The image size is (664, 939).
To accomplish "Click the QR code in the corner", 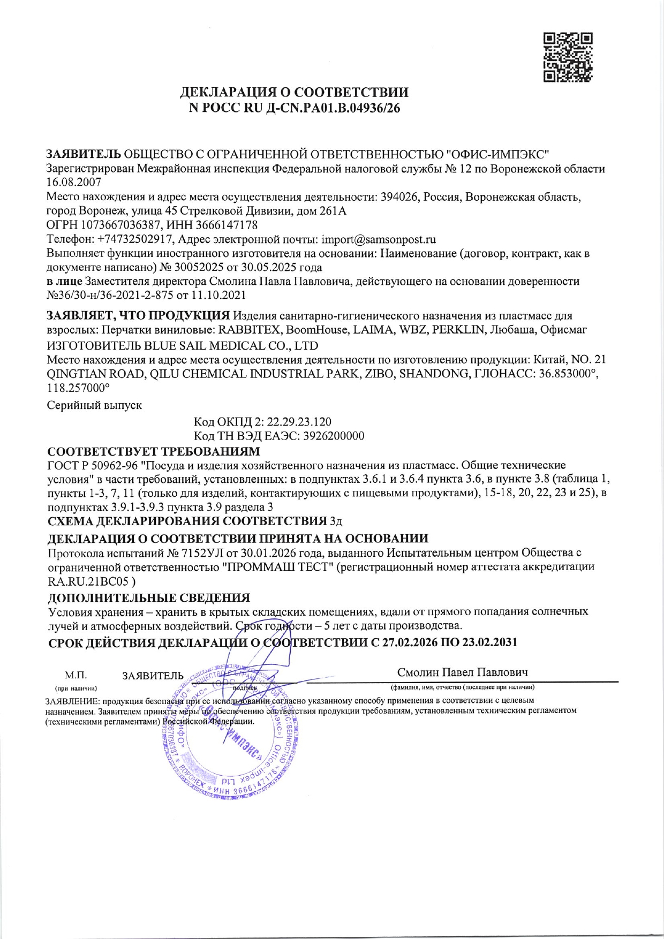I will point(568,57).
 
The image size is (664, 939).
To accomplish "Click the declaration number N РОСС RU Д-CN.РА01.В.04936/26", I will point(295,108).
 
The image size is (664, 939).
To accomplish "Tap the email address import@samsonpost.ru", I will point(378,239).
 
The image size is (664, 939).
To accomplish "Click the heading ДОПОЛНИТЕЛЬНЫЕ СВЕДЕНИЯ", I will point(149,597).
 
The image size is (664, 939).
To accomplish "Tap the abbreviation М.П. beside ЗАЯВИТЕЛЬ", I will point(76,676).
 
